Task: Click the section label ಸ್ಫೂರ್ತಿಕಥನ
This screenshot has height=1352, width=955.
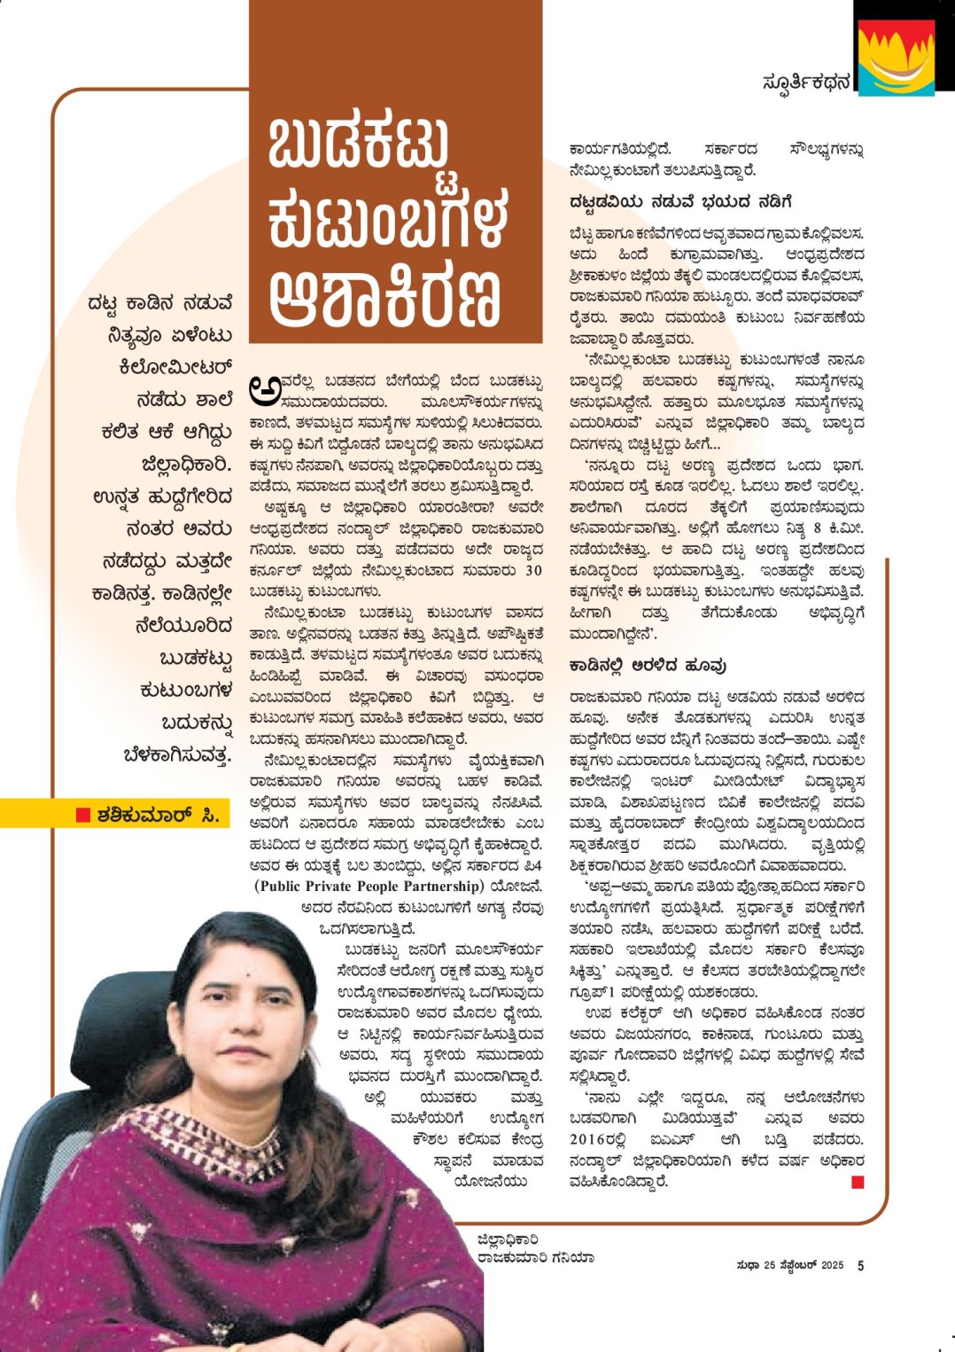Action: pyautogui.click(x=805, y=82)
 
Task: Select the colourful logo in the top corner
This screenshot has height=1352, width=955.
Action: pyautogui.click(x=896, y=57)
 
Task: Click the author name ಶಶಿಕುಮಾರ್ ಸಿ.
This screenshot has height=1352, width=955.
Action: pyautogui.click(x=159, y=814)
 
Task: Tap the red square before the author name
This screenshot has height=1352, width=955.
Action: pyautogui.click(x=83, y=814)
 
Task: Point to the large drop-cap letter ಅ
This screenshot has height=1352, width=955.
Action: pyautogui.click(x=264, y=388)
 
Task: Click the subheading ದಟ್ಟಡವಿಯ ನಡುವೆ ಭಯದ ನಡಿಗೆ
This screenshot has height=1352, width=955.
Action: pyautogui.click(x=680, y=202)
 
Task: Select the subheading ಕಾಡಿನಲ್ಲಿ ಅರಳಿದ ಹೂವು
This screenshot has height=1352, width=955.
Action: pyautogui.click(x=648, y=665)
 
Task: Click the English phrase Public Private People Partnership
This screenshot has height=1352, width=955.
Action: pyautogui.click(x=369, y=886)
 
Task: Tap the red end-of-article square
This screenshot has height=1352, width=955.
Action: pyautogui.click(x=857, y=1182)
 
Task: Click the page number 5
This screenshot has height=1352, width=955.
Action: pyautogui.click(x=860, y=1265)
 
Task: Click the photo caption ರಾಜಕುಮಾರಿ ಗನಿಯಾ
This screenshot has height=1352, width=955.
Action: pyautogui.click(x=535, y=1257)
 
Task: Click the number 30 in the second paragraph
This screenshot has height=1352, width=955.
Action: pyautogui.click(x=533, y=570)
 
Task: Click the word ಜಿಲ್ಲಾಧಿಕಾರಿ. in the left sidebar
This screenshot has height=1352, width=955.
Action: pyautogui.click(x=186, y=464)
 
